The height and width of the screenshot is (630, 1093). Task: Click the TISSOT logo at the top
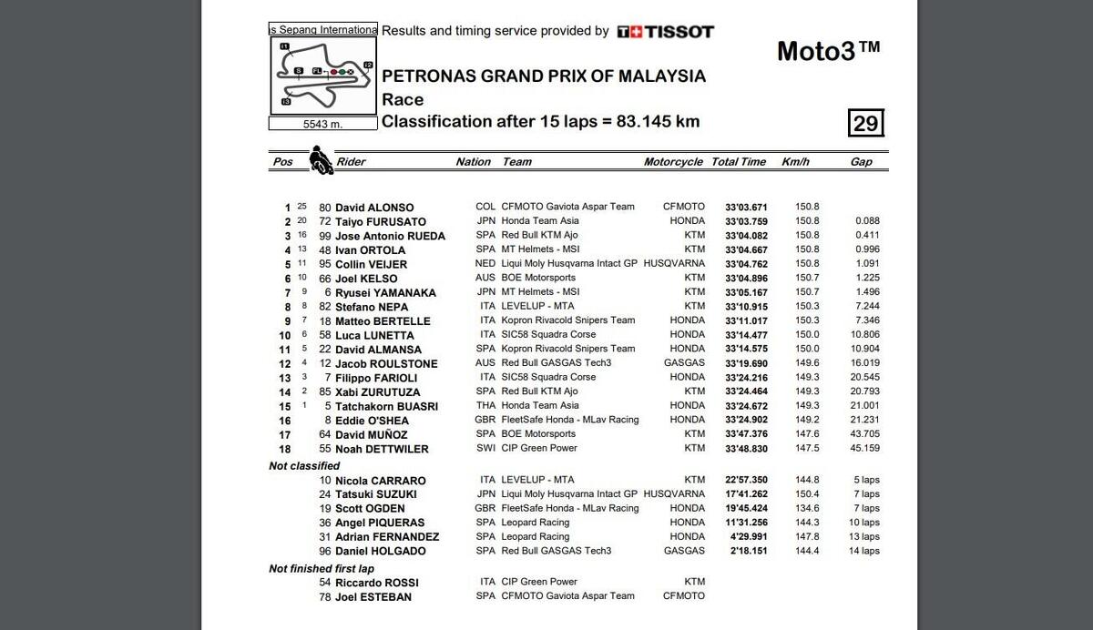pyautogui.click(x=665, y=32)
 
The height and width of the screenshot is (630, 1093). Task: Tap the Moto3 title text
pyautogui.click(x=828, y=51)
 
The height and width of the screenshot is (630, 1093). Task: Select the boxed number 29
pyautogui.click(x=865, y=123)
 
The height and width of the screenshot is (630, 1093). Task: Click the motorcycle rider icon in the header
pyautogui.click(x=321, y=160)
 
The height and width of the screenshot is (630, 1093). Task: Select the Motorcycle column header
pyautogui.click(x=673, y=162)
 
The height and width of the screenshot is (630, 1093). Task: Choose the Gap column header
pyautogui.click(x=861, y=162)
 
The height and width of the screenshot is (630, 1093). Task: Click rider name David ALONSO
pyautogui.click(x=373, y=208)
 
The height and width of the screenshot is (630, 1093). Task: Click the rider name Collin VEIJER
pyautogui.click(x=373, y=264)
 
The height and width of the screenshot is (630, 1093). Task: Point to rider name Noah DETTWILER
pyautogui.click(x=382, y=449)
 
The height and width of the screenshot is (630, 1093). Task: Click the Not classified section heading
pyautogui.click(x=304, y=466)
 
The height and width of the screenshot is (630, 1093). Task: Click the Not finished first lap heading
pyautogui.click(x=322, y=569)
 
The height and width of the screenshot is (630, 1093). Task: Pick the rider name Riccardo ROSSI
pyautogui.click(x=373, y=583)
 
